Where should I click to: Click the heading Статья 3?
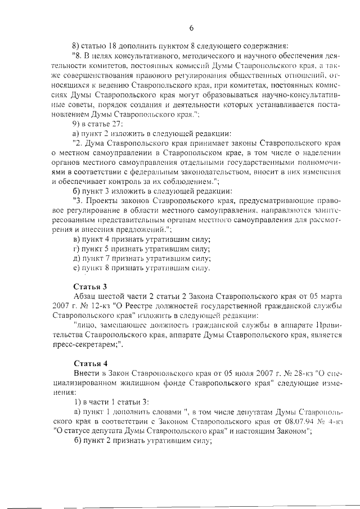[x=90, y=286]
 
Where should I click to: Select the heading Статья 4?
[x=90, y=363]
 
